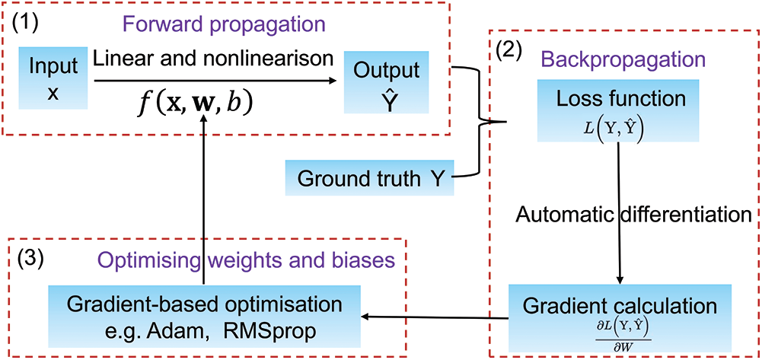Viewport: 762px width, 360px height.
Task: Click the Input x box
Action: [53, 78]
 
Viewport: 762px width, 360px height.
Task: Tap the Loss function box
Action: [618, 111]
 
